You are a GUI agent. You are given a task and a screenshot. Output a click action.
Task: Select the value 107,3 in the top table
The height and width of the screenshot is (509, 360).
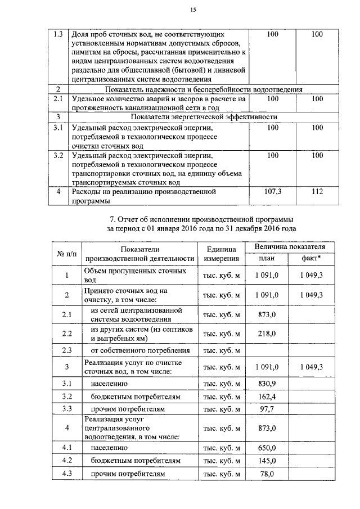click(273, 192)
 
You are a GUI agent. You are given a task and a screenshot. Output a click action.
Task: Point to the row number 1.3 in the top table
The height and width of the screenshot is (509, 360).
click(58, 34)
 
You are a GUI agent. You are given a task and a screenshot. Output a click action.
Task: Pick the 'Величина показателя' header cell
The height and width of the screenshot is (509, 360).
click(290, 247)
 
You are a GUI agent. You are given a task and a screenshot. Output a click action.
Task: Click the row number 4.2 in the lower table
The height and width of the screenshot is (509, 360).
click(67, 461)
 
